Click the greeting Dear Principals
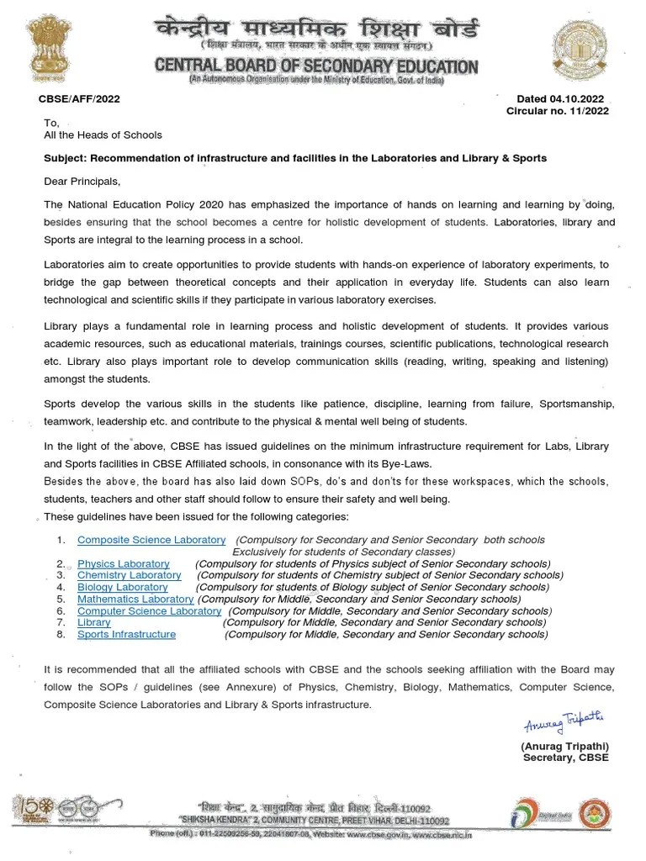coord(82,182)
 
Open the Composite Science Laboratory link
coord(151,540)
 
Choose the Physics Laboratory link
coord(124,563)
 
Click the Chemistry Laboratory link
coord(129,575)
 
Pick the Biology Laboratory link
coord(123,587)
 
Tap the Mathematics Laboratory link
coord(135,599)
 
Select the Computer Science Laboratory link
coord(149,611)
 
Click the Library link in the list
coord(93,622)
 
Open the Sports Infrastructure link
coord(126,634)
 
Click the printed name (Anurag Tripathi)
coord(564,746)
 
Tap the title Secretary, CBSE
coord(565,758)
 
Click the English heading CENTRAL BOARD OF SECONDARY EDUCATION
coord(316,66)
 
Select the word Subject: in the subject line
coord(65,158)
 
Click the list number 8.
coord(61,635)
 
